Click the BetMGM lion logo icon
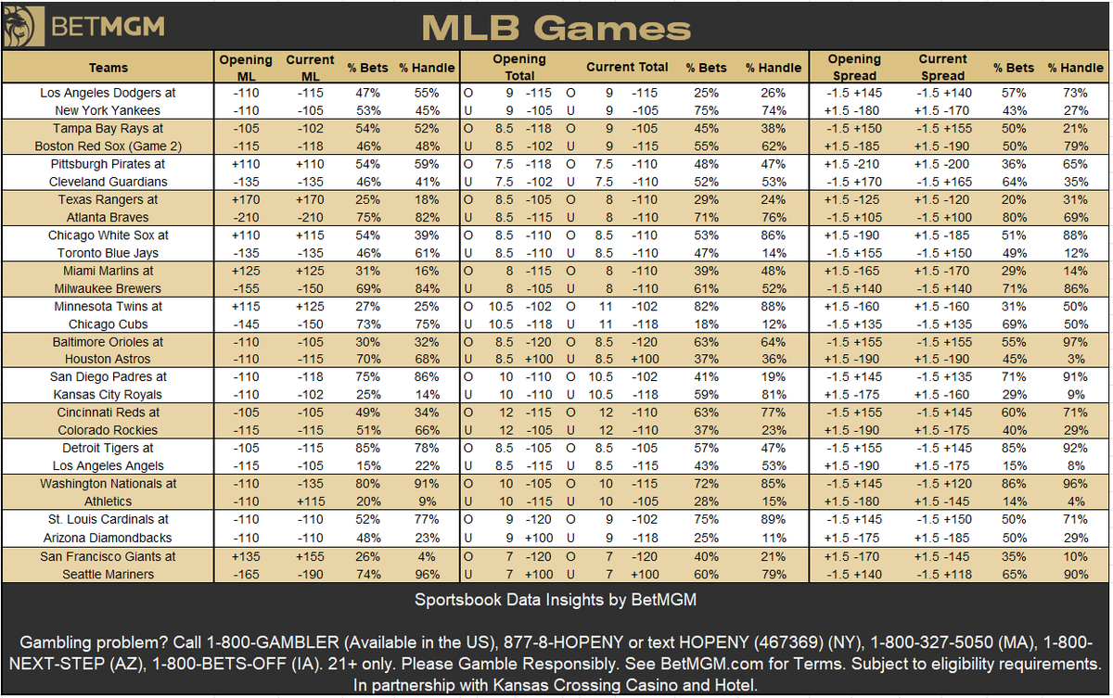click(23, 26)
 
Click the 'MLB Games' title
click(556, 28)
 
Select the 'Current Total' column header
click(627, 67)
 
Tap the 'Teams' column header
click(109, 68)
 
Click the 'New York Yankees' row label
click(108, 110)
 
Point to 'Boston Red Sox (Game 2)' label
click(109, 146)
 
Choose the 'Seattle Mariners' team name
click(109, 575)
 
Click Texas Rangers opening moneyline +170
click(246, 199)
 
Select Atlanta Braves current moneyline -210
click(311, 218)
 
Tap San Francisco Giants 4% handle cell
click(427, 556)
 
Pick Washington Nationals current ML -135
click(311, 484)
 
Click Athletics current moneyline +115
click(311, 501)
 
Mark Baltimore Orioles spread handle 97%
click(1075, 342)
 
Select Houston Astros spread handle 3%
click(1076, 359)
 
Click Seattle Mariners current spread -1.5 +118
click(943, 575)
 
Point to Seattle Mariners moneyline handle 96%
click(428, 575)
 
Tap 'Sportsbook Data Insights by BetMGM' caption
click(556, 600)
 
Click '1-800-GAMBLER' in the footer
click(273, 642)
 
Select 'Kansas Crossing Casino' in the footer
click(585, 685)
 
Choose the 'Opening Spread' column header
click(854, 68)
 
